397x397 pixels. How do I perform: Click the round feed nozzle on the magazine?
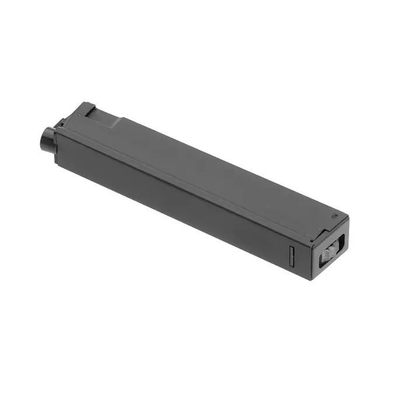click(x=46, y=138)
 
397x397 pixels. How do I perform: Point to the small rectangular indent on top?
click(x=333, y=215)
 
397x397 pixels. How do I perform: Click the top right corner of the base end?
click(x=348, y=220)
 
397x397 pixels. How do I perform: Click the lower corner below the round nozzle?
click(x=57, y=161)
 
